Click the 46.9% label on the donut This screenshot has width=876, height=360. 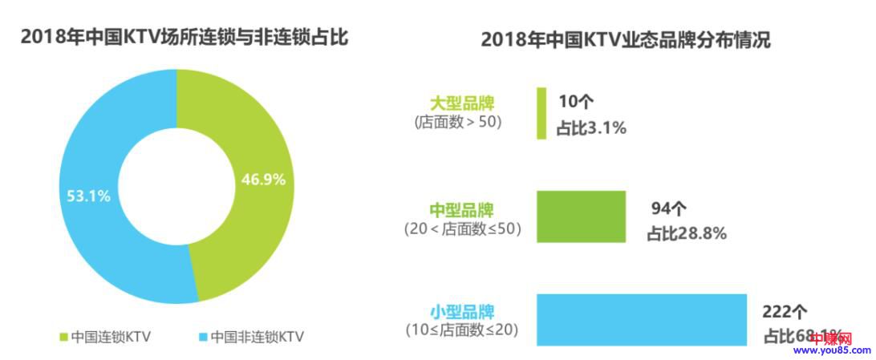tap(263, 180)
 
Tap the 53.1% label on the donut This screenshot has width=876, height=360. tap(87, 195)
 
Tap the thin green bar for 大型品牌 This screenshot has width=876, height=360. tap(541, 113)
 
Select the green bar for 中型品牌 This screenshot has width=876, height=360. tap(580, 216)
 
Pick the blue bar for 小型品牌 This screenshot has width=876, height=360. tap(641, 319)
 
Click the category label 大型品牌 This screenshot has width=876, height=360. tap(462, 103)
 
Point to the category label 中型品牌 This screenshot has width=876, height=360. tap(461, 210)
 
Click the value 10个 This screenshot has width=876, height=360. tap(576, 101)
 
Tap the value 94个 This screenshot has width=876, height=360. tap(669, 210)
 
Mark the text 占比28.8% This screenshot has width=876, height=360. tap(687, 233)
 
